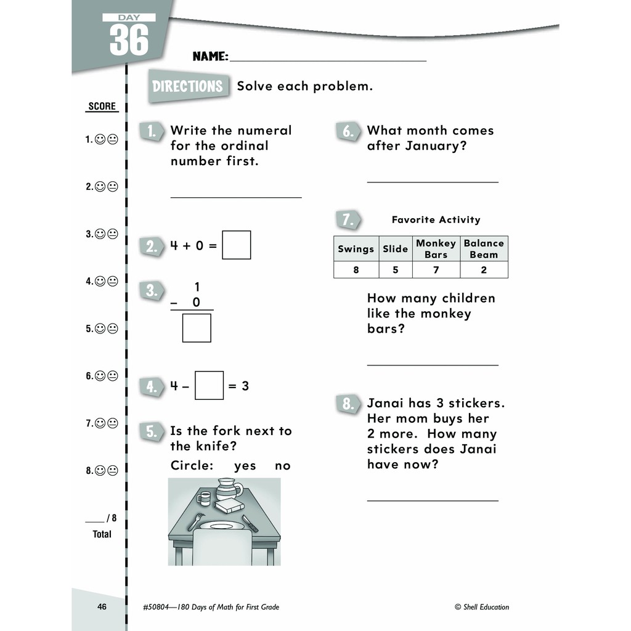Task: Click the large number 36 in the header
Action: coord(129,41)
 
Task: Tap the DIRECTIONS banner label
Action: coord(187,86)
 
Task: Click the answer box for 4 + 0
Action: coord(236,245)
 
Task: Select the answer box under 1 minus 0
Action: coord(197,328)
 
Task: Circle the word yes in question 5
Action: coord(245,466)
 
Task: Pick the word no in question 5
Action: coord(282,466)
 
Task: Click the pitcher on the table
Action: coord(229,491)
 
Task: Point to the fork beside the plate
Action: coord(197,521)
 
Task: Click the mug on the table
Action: coord(204,497)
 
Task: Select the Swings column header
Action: coord(356,249)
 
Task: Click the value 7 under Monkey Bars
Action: coord(436,270)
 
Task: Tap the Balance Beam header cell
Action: coord(484,249)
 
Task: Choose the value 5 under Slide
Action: coord(395,270)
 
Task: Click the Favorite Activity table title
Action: coord(436,220)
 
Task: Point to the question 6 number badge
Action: coord(348,131)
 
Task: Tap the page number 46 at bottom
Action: coord(102,607)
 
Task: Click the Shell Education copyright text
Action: coord(482,607)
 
